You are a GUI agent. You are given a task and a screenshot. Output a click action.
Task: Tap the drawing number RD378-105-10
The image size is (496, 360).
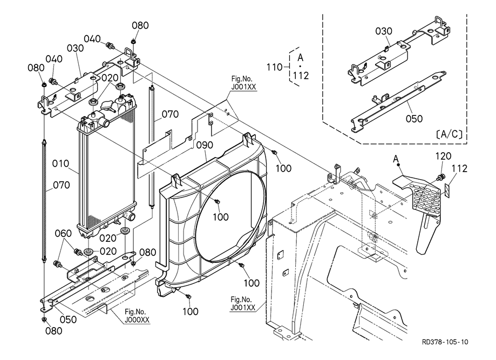click(446, 342)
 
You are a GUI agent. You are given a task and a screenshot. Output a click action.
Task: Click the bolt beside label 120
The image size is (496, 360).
click(440, 177)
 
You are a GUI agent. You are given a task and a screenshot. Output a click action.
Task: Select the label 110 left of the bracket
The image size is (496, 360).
click(275, 67)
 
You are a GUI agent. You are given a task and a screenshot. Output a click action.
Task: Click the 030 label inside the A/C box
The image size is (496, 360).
click(384, 31)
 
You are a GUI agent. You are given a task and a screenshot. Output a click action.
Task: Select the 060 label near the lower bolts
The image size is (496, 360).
click(64, 234)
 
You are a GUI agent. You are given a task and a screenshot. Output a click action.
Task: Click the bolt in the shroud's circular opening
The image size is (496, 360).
click(217, 202)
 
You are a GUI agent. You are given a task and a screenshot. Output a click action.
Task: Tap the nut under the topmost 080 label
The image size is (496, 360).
click(133, 41)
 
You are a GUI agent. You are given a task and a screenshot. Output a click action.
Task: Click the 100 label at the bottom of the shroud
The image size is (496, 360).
click(190, 311)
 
